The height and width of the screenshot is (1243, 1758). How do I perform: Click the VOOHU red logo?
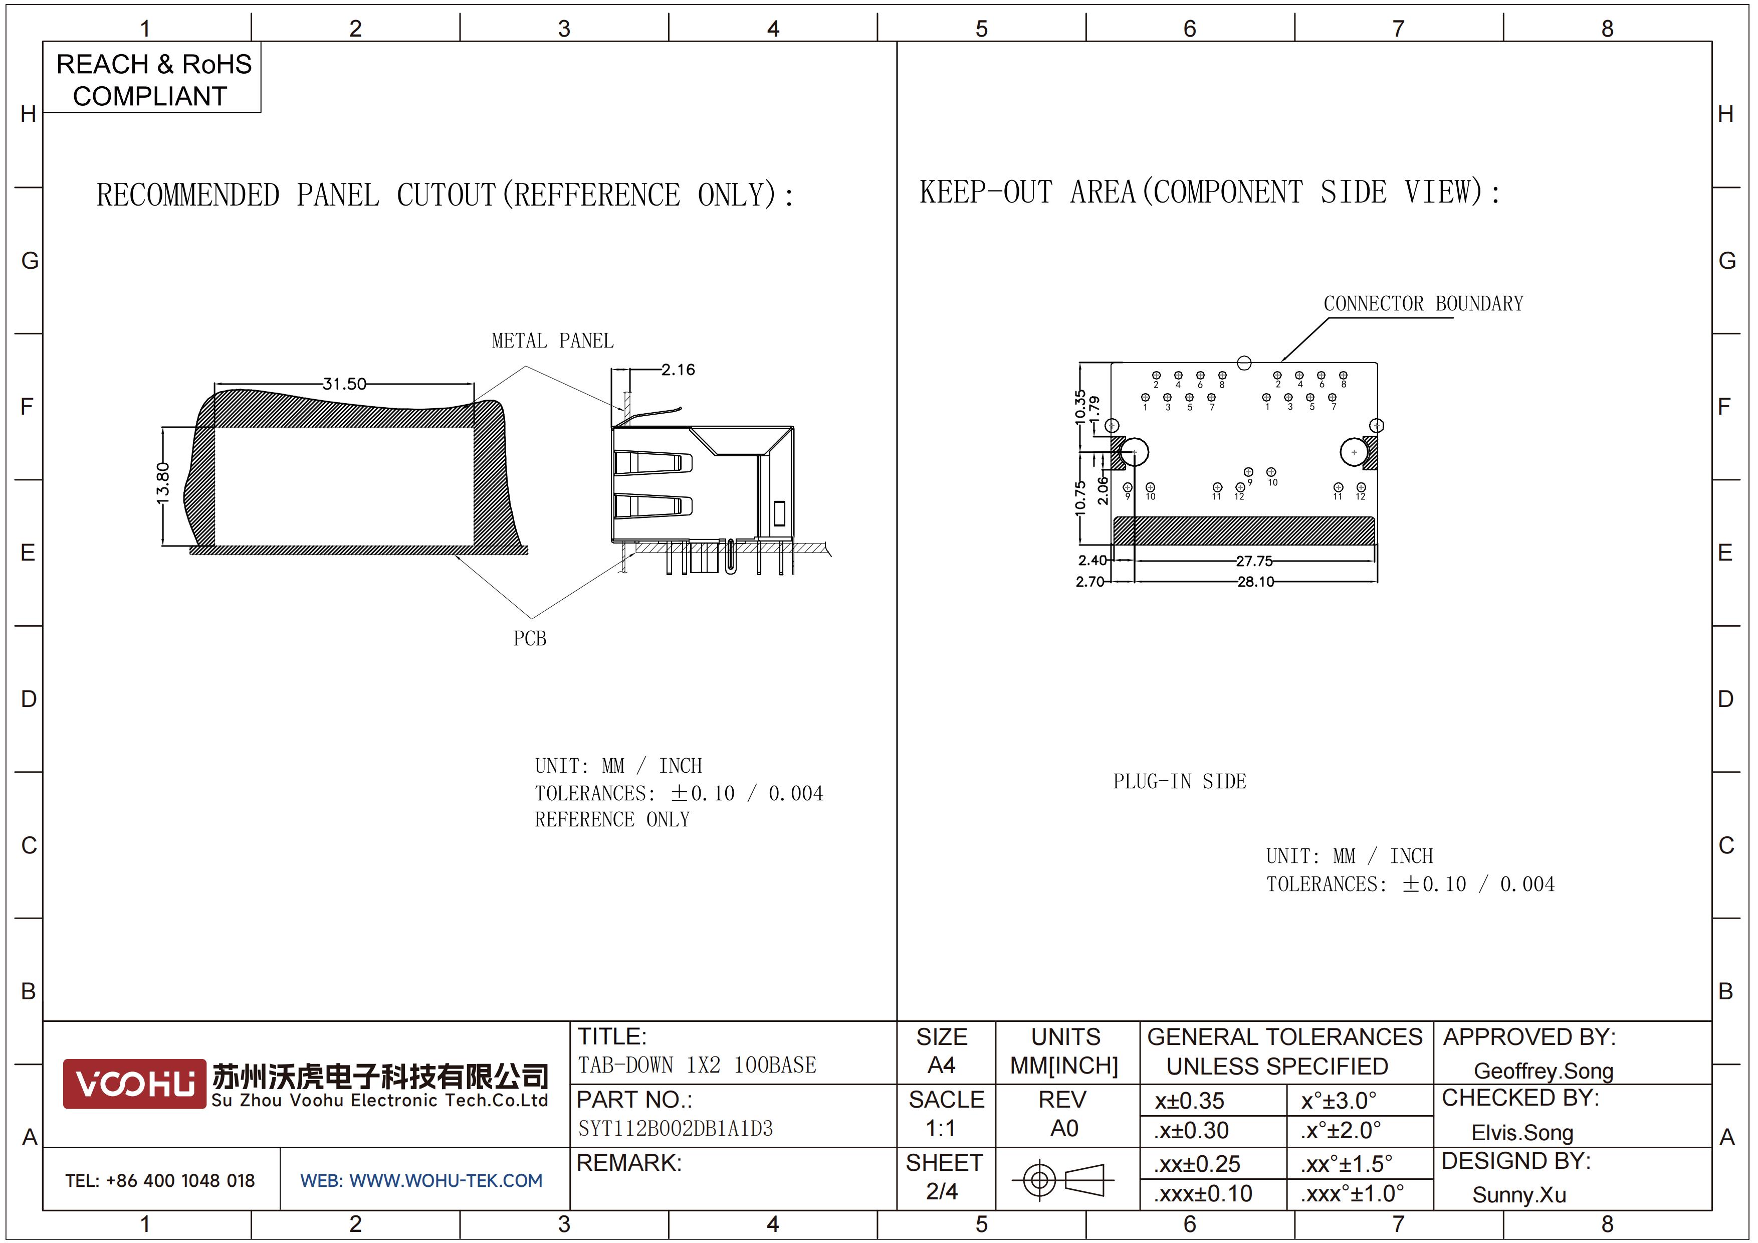coord(134,1084)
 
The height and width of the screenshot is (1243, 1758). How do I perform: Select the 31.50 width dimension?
coord(345,383)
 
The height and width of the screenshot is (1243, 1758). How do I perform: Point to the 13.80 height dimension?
coord(162,483)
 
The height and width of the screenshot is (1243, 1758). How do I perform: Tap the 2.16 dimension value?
coord(679,370)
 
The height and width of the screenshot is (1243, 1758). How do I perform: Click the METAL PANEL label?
coord(552,341)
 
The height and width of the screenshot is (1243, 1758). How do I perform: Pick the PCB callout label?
coord(530,638)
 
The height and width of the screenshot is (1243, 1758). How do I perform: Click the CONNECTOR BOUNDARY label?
coord(1423,303)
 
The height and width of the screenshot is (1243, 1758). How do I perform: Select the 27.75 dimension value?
coord(1254,562)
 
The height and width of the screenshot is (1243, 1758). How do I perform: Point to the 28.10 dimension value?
coord(1256,582)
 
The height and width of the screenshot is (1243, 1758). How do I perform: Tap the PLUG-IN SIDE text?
coord(1179,781)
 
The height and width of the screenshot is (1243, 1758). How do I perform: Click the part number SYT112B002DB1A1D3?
coord(676,1128)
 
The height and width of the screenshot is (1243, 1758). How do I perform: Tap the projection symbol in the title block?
coord(1063,1179)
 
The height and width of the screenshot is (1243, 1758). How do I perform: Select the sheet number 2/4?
coord(942,1191)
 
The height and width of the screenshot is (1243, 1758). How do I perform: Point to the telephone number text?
coord(160,1180)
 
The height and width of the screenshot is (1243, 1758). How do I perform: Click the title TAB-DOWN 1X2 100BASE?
coord(697,1064)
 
